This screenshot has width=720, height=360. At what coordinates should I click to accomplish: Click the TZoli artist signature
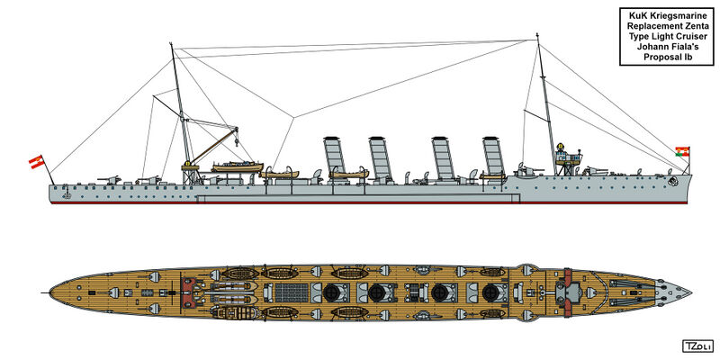[x=697, y=346]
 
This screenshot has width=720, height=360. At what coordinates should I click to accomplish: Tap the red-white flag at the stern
[x=36, y=162]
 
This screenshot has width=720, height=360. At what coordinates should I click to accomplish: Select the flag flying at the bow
[x=683, y=151]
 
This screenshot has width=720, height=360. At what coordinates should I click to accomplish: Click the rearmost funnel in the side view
[x=334, y=158]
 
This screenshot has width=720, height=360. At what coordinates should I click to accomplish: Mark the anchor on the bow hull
[x=672, y=182]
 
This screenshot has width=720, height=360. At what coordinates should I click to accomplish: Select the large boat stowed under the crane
[x=237, y=166]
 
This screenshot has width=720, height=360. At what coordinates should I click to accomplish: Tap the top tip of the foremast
[x=537, y=34]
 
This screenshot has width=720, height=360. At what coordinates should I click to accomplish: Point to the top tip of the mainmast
[x=171, y=43]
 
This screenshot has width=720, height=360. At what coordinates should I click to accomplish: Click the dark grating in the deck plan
[x=291, y=292]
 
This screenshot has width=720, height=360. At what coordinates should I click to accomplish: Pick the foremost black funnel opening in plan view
[x=490, y=292]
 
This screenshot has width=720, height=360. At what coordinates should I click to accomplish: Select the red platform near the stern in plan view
[x=188, y=292]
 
